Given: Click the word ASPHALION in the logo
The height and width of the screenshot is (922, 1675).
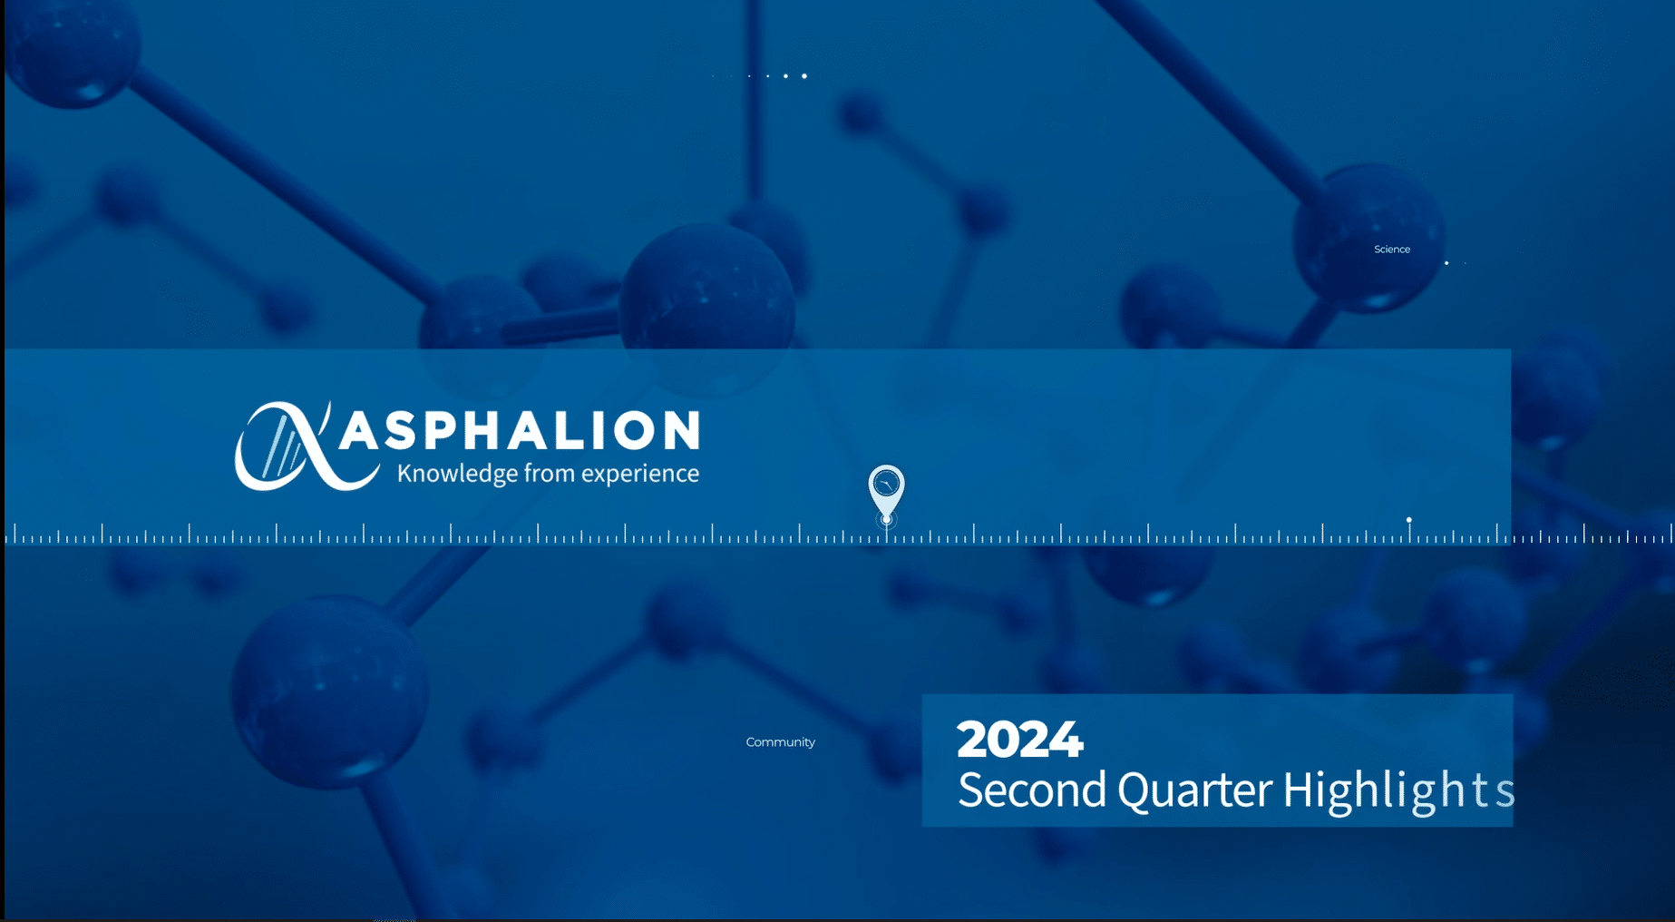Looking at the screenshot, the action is click(520, 430).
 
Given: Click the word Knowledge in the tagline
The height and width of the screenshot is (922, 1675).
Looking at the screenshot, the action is click(458, 474).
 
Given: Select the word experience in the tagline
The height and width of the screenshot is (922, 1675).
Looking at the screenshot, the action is click(640, 474).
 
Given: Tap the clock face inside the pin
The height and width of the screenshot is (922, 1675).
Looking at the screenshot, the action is click(886, 484).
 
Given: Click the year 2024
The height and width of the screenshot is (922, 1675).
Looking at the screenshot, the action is click(1019, 739).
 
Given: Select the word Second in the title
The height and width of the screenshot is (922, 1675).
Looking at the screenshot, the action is click(1032, 790).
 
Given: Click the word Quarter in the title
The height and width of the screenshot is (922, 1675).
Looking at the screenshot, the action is click(1194, 790).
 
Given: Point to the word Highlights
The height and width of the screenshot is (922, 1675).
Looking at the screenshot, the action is click(1397, 790).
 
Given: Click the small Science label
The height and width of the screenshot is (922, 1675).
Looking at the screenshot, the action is click(1392, 250).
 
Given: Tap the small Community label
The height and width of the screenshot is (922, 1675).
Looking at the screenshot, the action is click(781, 742).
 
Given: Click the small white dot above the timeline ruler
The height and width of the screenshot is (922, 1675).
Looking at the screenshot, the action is click(1408, 520).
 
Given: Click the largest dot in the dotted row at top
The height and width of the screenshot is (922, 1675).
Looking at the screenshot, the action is click(804, 76).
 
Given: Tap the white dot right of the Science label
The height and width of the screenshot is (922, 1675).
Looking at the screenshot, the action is click(1446, 263).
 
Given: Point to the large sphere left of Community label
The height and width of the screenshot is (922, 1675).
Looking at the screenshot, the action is click(329, 691).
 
